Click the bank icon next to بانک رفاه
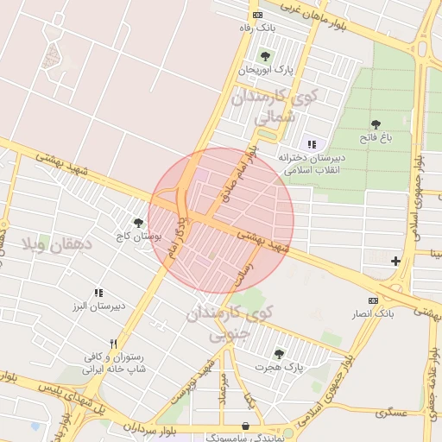256,15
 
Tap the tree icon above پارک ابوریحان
277,56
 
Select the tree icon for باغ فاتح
376,125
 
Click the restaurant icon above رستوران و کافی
113,344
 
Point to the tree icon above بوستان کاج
138,223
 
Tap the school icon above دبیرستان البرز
98,294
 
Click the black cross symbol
395,261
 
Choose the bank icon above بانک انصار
373,300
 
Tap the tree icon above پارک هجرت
278,354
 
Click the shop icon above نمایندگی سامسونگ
247,426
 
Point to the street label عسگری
391,414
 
